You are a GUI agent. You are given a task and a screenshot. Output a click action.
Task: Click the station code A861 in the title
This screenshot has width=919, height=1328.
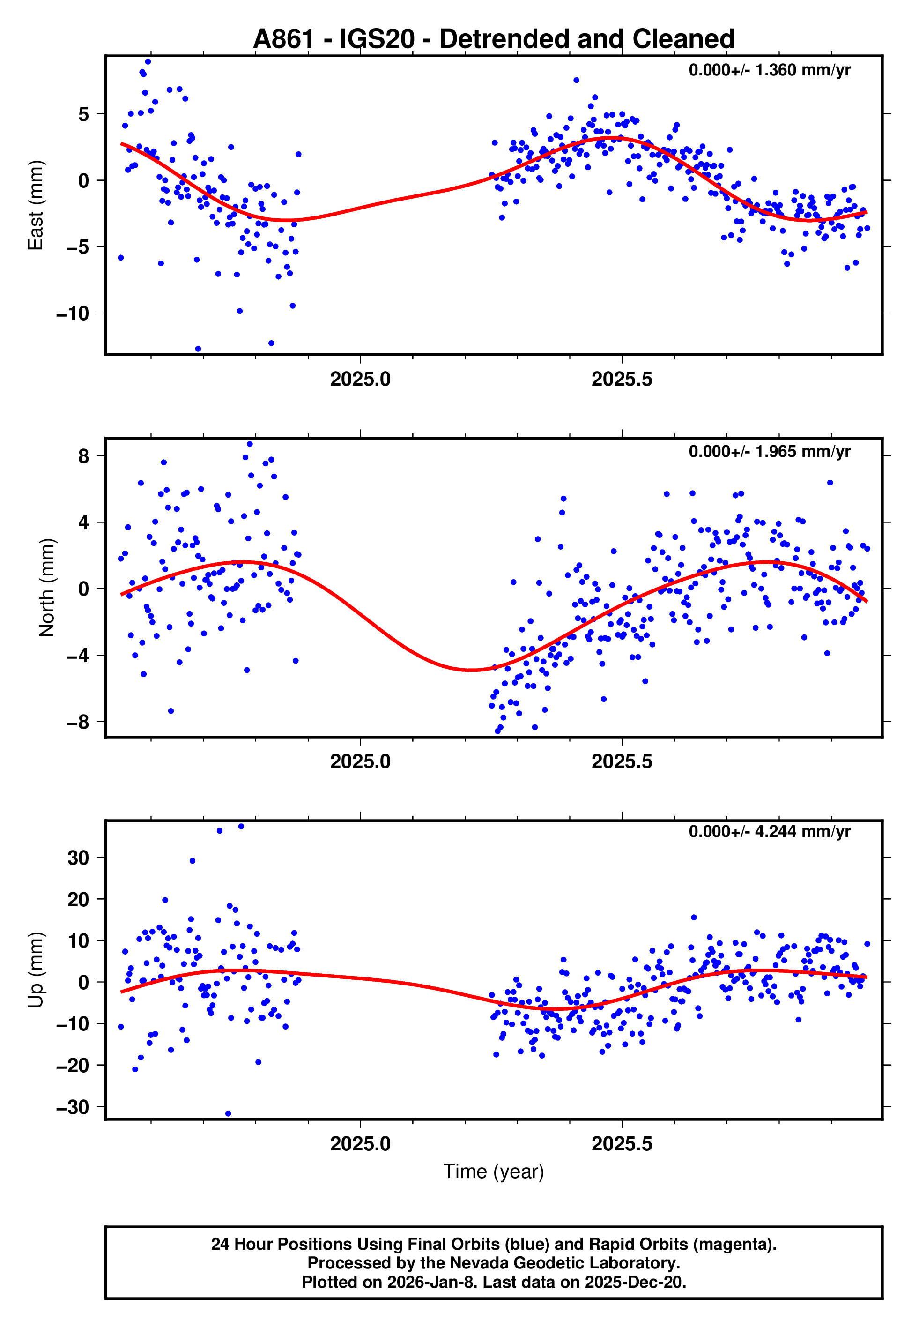[x=284, y=39]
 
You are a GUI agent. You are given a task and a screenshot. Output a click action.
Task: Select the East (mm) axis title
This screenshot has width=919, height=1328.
[x=36, y=205]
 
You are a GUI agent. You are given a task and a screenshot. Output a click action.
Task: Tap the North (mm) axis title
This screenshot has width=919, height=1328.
[x=47, y=588]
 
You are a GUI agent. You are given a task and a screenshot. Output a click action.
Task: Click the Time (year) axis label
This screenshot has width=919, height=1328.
[x=494, y=1171]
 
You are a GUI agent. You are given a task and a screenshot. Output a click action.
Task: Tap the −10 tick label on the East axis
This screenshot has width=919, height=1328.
[x=73, y=314]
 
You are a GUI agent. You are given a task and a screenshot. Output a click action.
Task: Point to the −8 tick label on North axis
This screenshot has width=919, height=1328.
[x=78, y=722]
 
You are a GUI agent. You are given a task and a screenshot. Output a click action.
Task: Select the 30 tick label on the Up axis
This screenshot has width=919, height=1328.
[x=78, y=858]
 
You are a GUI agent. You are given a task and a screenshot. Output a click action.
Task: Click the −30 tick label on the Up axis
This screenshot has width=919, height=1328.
[x=73, y=1107]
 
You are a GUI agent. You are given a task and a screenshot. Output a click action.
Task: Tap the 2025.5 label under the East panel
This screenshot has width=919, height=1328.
[x=622, y=380]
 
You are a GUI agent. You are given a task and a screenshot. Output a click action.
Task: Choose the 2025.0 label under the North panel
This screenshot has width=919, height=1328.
[x=361, y=762]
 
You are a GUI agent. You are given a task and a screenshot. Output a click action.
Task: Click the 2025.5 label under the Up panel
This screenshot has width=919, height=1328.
[x=622, y=1144]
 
